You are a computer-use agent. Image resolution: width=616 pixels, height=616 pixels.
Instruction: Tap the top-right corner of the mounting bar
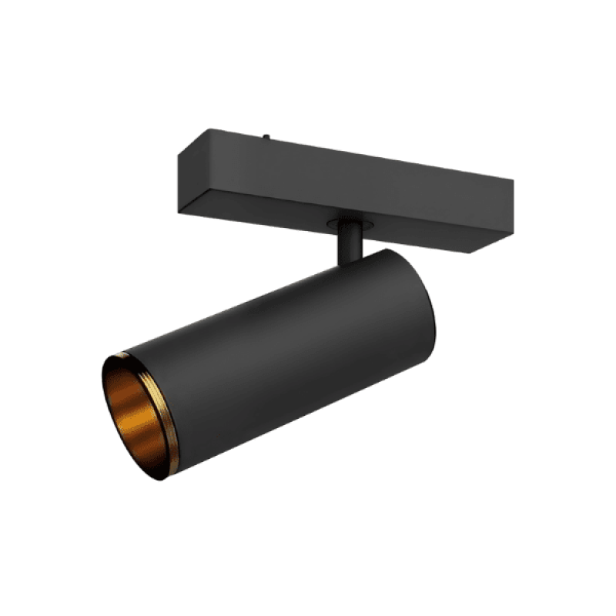[x=513, y=182]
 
